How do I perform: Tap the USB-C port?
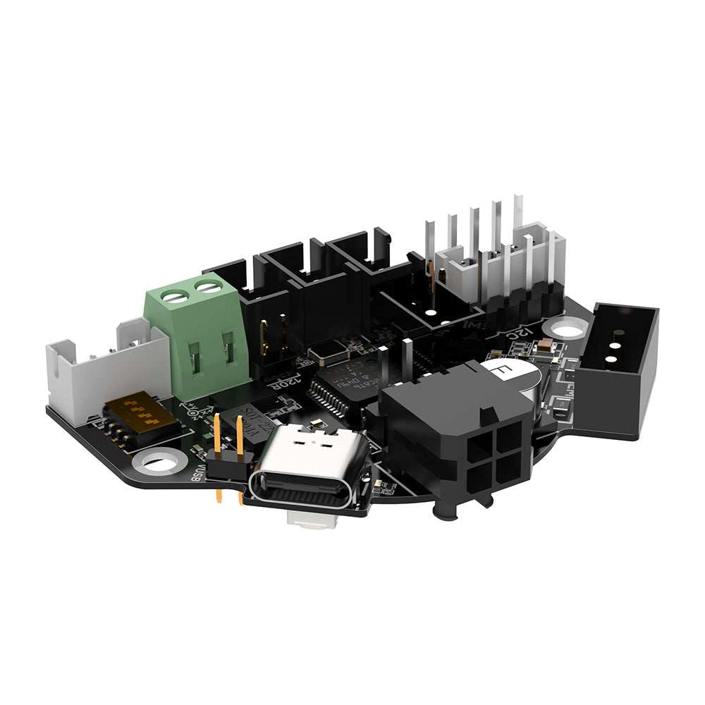309,470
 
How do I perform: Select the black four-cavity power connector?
458,437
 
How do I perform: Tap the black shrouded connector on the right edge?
623,367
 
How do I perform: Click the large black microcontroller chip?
345,388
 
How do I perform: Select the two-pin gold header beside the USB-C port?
228,451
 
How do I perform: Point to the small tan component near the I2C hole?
546,346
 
